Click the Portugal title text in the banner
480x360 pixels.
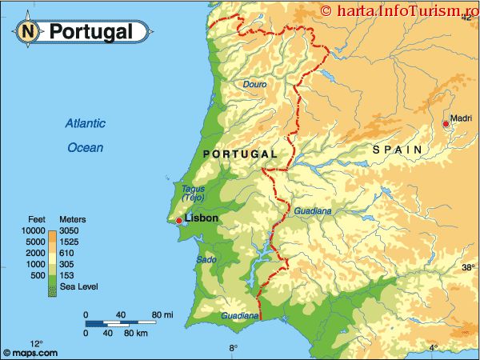(x=90, y=31)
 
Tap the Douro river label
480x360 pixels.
(x=254, y=84)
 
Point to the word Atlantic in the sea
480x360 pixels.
(x=86, y=124)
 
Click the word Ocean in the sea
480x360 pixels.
(x=85, y=147)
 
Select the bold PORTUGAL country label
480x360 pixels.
(x=240, y=154)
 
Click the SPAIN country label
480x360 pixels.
(x=397, y=150)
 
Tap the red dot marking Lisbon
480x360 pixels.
(x=178, y=221)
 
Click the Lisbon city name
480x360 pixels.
(x=201, y=218)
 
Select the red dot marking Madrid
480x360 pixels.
(x=446, y=124)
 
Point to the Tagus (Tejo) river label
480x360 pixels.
(x=193, y=193)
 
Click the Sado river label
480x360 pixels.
(x=206, y=260)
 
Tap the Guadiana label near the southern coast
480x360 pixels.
(x=239, y=316)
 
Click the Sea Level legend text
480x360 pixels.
(x=77, y=287)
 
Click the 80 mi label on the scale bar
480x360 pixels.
(x=163, y=313)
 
